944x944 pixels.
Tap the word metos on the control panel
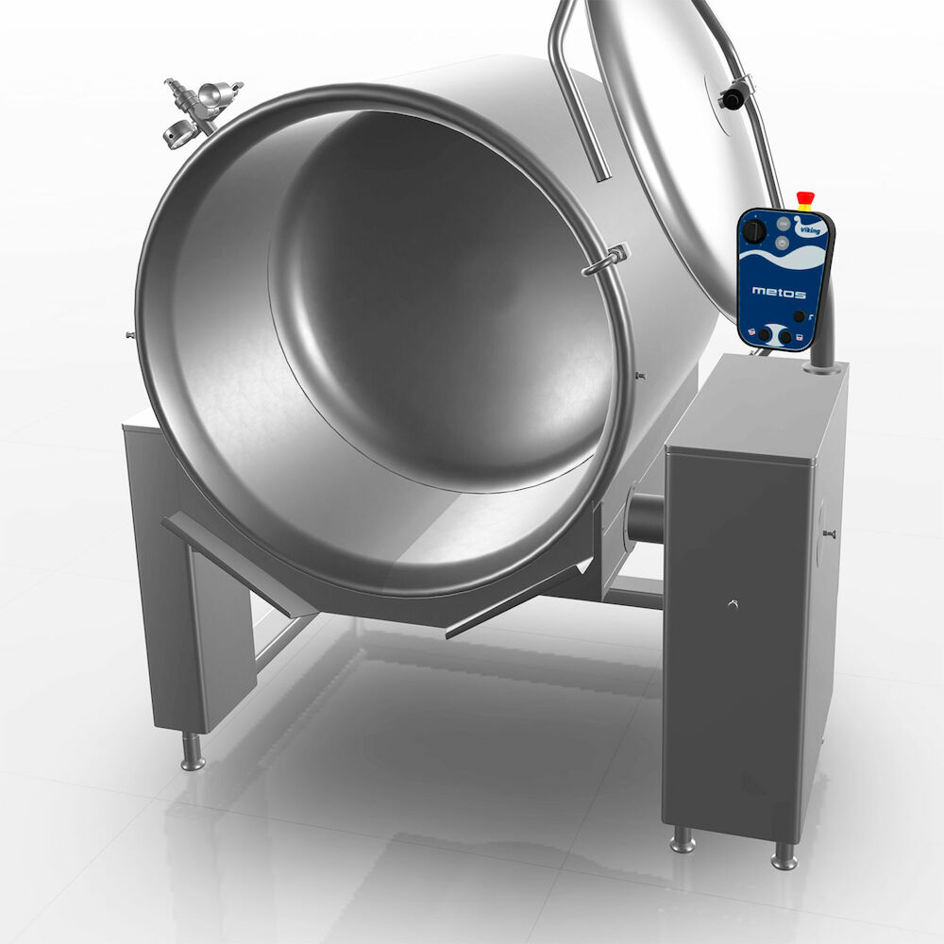click(x=779, y=293)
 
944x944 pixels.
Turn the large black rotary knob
click(x=753, y=230)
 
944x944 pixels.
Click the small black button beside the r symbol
click(x=799, y=316)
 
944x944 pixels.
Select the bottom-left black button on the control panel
click(x=764, y=335)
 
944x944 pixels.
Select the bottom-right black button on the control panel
click(x=785, y=337)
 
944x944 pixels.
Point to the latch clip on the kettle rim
click(x=606, y=260)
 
